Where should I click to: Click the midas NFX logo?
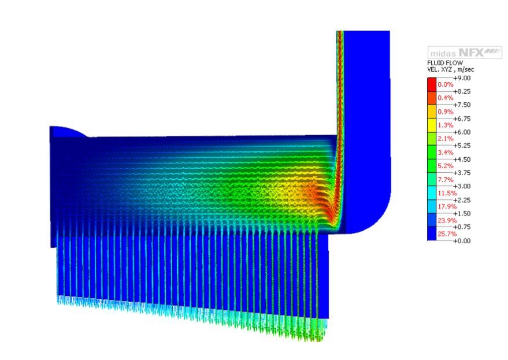click(465, 52)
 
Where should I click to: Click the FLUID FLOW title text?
click(445, 63)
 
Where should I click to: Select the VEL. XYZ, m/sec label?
click(451, 69)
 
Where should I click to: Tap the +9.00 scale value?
click(462, 78)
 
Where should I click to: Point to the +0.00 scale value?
click(462, 241)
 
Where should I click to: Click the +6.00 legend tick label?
click(462, 132)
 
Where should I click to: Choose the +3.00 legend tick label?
click(462, 186)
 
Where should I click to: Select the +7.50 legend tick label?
click(462, 105)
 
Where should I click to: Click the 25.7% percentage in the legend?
click(447, 234)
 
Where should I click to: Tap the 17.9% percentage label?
click(447, 207)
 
